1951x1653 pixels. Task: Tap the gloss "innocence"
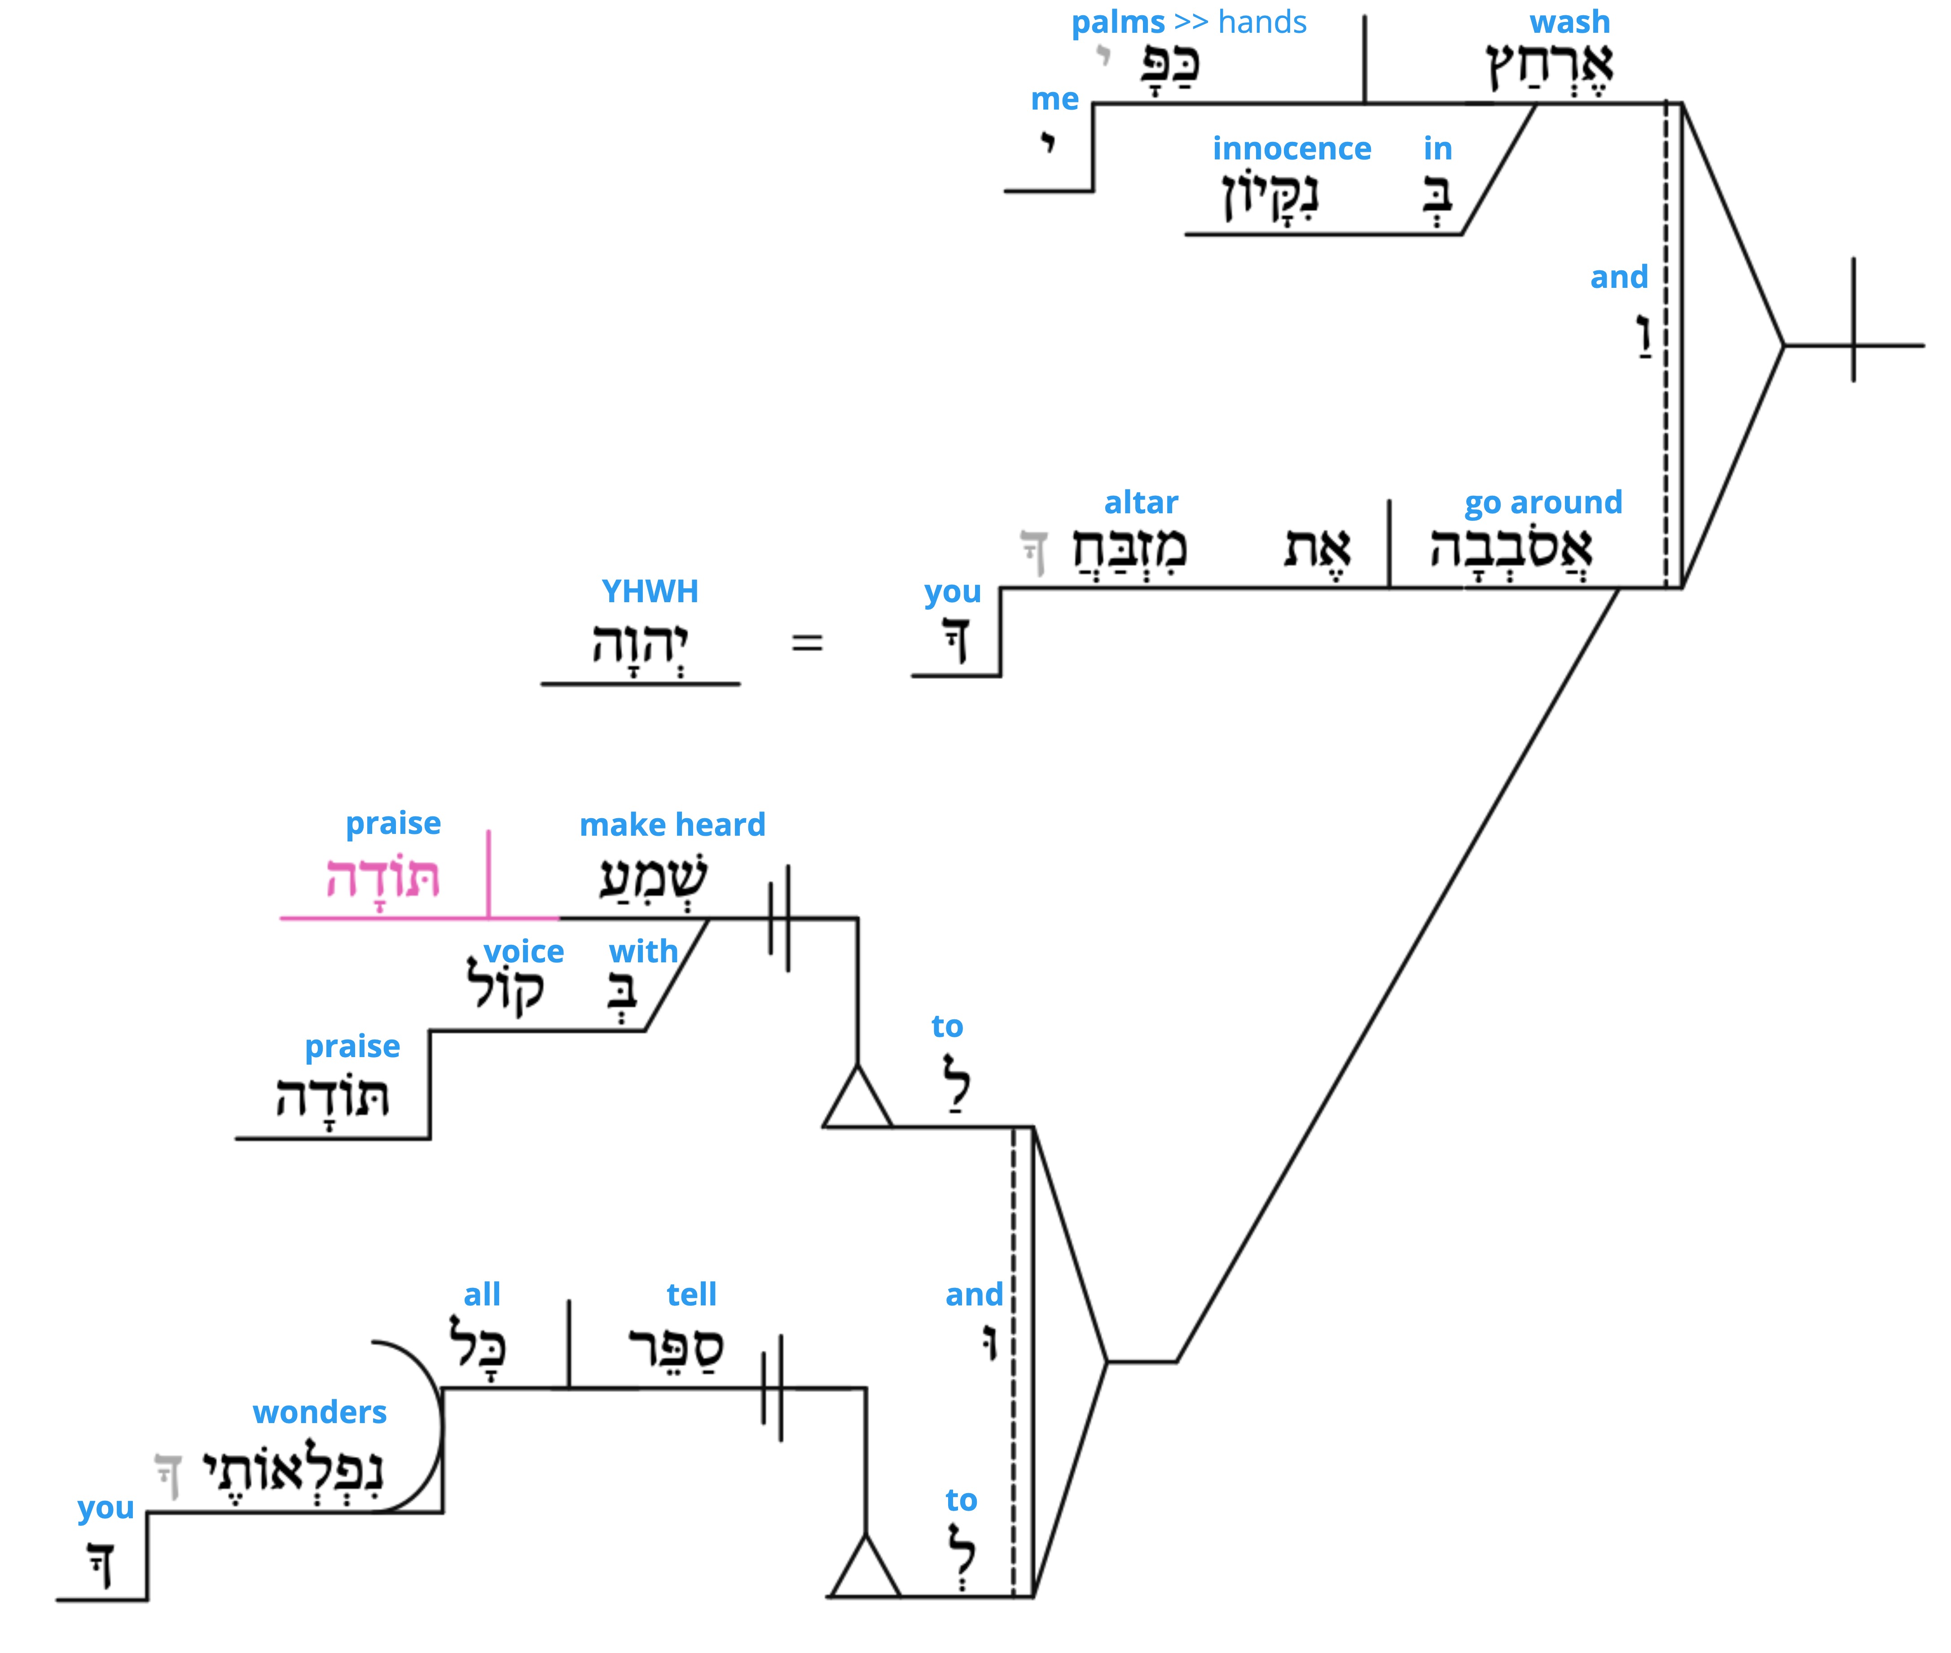click(x=1292, y=148)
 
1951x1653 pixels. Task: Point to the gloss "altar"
click(x=1141, y=502)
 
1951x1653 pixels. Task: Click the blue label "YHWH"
click(x=650, y=591)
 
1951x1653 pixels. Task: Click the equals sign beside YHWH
click(x=806, y=643)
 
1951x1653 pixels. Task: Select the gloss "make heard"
click(x=672, y=824)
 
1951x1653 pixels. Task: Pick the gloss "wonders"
click(x=319, y=1411)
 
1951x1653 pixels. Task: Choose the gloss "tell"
click(x=691, y=1294)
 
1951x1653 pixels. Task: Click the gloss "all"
click(x=483, y=1294)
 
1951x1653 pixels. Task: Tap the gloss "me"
click(x=1055, y=98)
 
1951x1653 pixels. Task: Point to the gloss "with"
click(x=643, y=951)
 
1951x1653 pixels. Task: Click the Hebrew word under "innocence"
click(x=1270, y=195)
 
